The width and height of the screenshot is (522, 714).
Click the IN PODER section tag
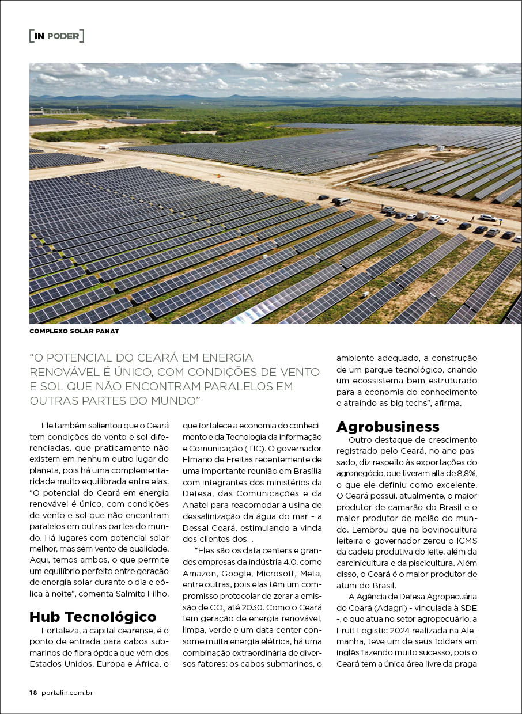coord(56,36)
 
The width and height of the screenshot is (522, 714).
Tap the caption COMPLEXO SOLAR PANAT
coord(74,331)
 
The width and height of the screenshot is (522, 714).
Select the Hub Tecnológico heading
coord(93,617)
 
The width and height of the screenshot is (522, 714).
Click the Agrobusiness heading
coord(388,427)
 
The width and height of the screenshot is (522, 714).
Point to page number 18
coord(33,693)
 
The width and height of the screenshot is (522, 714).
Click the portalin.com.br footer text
coord(67,693)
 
